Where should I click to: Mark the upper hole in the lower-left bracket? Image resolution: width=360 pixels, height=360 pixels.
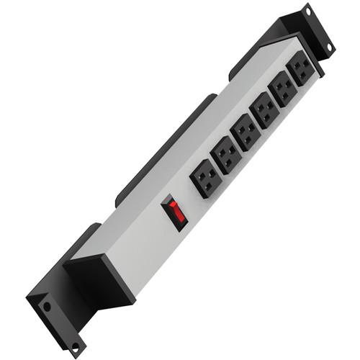coord(47,306)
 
